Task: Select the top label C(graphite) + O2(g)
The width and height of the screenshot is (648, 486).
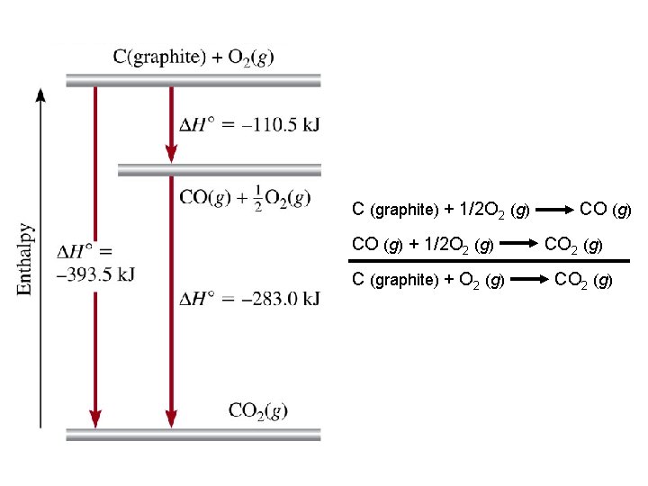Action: tap(193, 57)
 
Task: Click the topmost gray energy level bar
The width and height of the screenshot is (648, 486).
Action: tap(193, 80)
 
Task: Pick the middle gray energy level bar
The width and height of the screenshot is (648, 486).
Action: tap(220, 169)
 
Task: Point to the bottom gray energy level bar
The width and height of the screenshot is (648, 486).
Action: tap(193, 435)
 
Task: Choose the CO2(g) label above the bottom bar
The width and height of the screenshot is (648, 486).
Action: tap(258, 410)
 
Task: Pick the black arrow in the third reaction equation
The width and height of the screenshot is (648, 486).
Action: tap(532, 280)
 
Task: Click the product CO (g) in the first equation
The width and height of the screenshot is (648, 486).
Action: tap(606, 211)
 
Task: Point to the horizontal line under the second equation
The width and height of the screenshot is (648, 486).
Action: tap(490, 260)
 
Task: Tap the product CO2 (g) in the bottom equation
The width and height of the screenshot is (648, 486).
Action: tap(584, 280)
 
